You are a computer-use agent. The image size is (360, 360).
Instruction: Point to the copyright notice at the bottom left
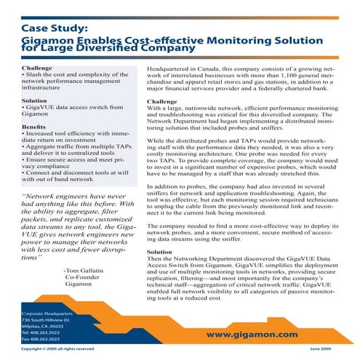(x=57, y=350)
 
